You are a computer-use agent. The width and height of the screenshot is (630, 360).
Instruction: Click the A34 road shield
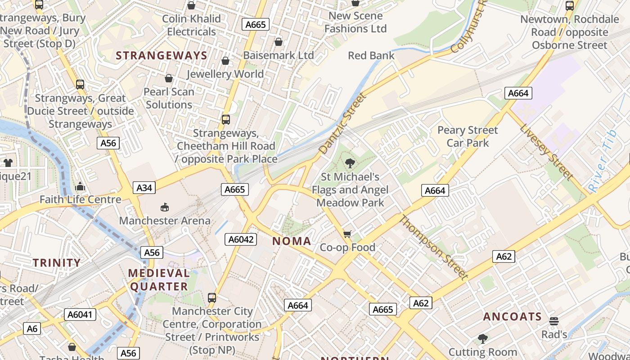coord(144,188)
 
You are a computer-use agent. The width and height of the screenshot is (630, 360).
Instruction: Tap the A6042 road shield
coord(241,239)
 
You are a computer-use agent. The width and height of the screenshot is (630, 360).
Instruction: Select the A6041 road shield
coord(81,314)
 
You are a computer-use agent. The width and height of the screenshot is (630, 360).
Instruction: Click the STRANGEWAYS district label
coord(162,56)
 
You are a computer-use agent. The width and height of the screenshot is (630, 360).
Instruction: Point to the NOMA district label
coord(292,241)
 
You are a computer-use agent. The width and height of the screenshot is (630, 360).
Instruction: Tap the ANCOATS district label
coord(512,317)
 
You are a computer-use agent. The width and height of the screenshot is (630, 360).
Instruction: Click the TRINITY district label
coord(57,263)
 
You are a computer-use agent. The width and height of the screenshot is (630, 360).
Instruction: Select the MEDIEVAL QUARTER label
coord(159,280)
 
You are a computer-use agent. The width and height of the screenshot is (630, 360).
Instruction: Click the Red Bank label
coord(371,56)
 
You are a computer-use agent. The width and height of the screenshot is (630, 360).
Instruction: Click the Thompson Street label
coord(433,247)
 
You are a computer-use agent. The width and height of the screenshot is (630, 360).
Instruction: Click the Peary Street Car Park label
coord(468,136)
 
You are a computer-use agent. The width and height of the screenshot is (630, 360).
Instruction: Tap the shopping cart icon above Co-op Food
coord(347,234)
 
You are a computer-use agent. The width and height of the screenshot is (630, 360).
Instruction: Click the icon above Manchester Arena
coord(165,207)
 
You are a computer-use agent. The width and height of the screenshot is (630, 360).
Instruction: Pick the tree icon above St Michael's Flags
coord(350,163)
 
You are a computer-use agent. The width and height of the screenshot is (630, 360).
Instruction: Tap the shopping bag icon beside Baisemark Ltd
coord(279,42)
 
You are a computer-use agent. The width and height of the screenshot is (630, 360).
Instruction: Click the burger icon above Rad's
coord(554,321)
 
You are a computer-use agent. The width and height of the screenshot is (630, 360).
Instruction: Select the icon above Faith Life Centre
coord(80,186)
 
